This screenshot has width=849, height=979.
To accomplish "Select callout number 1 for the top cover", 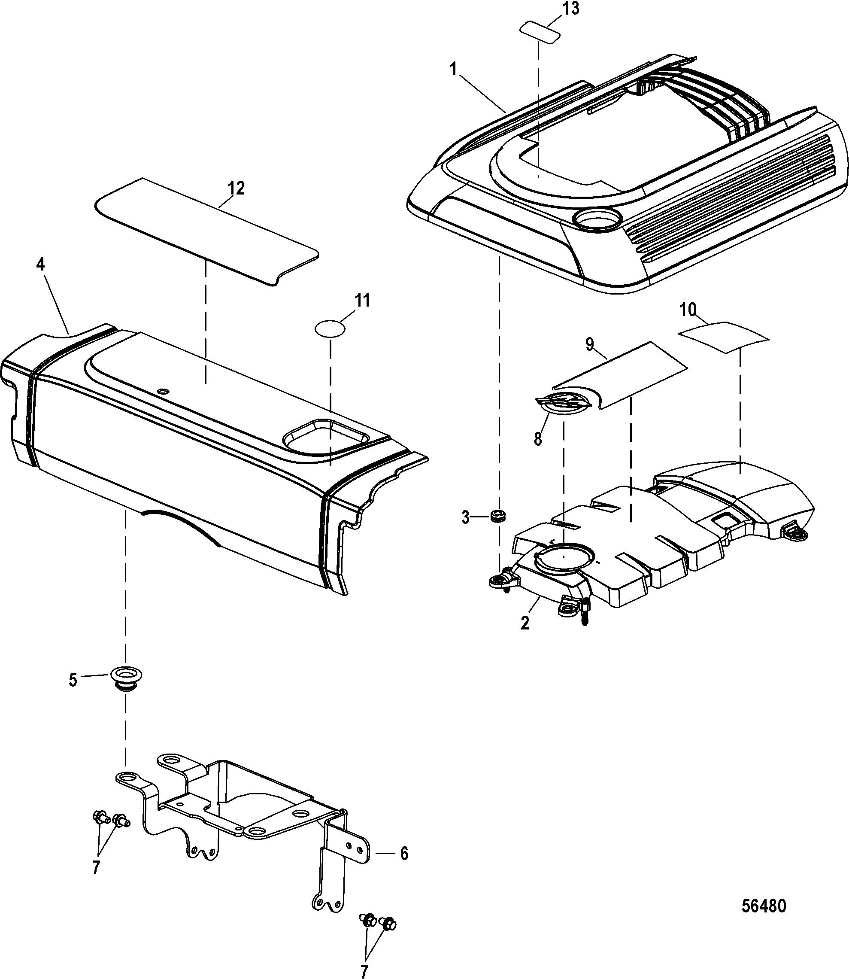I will click(454, 70).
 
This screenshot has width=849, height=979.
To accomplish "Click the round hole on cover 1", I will click(597, 219).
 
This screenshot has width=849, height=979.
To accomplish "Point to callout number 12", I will click(237, 189).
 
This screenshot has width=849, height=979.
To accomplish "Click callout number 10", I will click(688, 310).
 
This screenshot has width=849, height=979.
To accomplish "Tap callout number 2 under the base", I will click(525, 623).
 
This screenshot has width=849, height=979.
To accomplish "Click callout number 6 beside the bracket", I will click(403, 854).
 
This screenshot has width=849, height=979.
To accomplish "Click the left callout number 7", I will click(96, 868).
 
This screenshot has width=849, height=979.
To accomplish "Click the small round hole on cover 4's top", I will click(164, 391).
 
